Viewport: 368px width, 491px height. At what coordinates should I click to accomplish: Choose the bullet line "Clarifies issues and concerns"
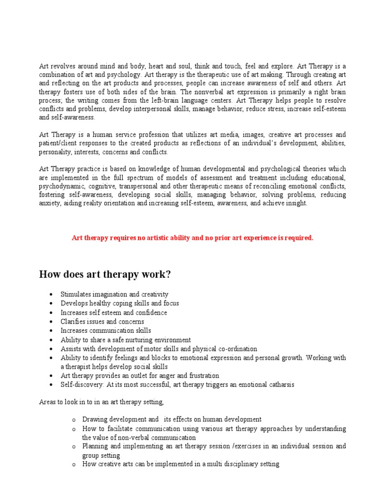(x=102, y=321)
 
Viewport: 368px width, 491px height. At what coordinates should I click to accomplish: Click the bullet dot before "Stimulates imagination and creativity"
(x=51, y=294)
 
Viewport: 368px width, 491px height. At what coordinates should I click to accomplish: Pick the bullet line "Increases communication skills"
(x=105, y=330)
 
